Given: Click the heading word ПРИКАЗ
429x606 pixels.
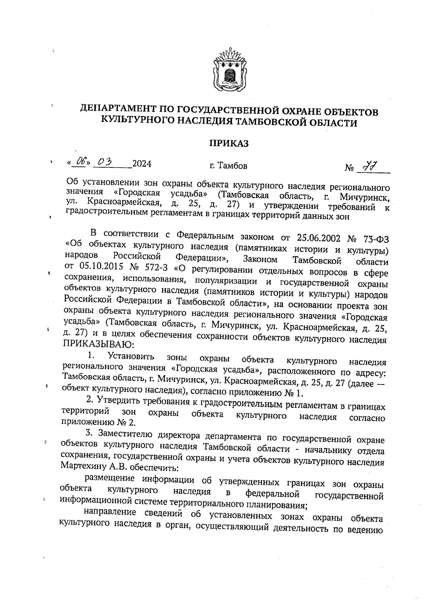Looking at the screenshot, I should point(228,144).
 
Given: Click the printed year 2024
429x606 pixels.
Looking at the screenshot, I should point(142,164).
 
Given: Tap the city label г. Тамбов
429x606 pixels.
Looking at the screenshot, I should point(228,166).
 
